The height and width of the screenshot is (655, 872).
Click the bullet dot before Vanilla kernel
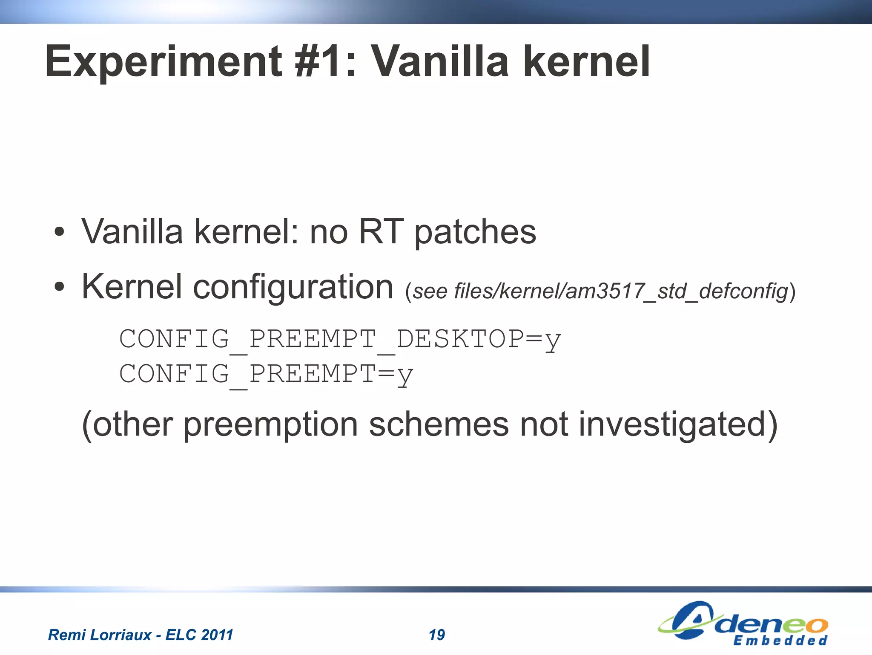59,232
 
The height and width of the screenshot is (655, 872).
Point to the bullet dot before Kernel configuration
59,287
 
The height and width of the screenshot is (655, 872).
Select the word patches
475,233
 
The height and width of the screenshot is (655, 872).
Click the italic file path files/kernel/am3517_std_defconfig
622,291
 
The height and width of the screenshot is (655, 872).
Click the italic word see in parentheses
430,291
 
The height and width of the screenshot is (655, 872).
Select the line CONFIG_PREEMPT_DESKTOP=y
340,340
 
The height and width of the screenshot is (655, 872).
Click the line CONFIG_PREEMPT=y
266,374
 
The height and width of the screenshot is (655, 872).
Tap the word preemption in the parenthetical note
271,425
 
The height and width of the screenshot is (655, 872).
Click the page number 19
436,635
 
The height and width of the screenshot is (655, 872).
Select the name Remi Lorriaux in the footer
100,635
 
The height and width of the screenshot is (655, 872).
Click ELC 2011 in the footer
199,635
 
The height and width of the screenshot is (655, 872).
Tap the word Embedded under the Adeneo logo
780,641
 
